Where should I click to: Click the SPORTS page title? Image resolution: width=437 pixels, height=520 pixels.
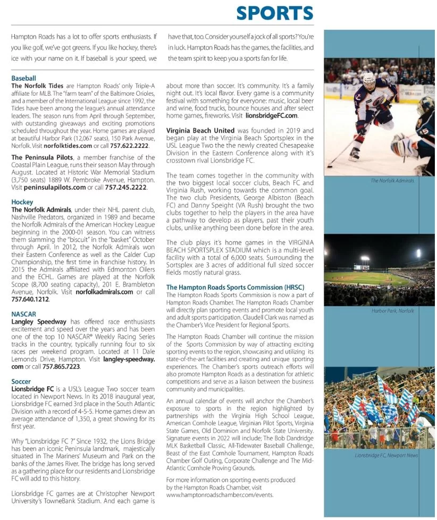click(274, 13)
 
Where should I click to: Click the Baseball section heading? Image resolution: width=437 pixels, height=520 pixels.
click(23, 78)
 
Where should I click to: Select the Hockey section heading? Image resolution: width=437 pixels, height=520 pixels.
click(22, 202)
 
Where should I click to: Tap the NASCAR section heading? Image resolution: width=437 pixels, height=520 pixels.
click(23, 314)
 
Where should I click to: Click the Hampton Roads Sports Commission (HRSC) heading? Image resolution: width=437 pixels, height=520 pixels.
click(235, 288)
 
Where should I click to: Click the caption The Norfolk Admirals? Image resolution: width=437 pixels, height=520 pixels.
click(392, 181)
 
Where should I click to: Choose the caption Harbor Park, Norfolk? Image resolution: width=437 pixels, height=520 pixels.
click(392, 311)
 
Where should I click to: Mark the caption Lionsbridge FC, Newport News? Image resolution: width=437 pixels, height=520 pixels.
click(386, 456)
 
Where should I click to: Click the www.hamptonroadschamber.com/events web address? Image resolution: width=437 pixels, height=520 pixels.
click(220, 494)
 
